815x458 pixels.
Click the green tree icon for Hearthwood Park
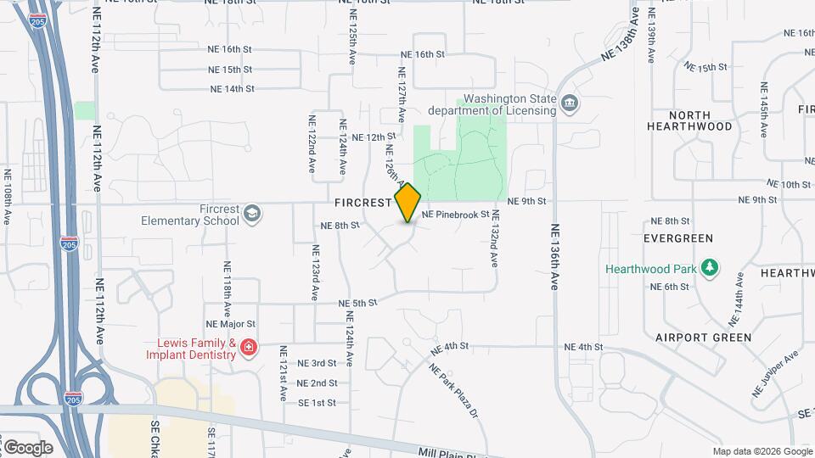tap(711, 269)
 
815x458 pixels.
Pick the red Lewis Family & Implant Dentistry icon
tap(248, 348)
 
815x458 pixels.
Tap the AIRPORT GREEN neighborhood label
tap(703, 338)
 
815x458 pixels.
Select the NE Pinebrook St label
tap(457, 215)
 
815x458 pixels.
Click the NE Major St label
tap(230, 324)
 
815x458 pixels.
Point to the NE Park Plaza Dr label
tap(454, 391)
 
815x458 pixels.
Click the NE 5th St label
tap(357, 303)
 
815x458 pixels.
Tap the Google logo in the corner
tap(28, 448)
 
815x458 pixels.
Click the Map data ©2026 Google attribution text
tap(762, 451)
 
